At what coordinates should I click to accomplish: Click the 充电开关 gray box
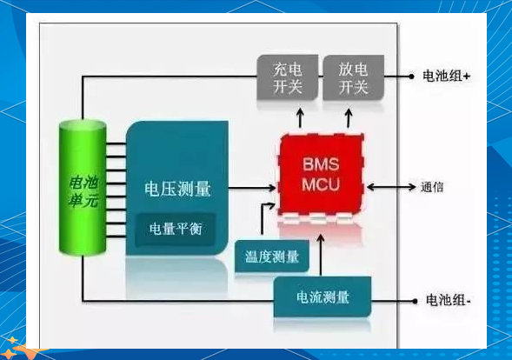pos(288,77)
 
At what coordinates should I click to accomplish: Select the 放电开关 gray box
pos(353,77)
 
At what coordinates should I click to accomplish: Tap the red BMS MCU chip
pos(322,175)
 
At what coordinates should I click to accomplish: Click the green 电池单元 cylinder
pos(83,188)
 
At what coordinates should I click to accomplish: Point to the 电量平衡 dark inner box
pos(176,229)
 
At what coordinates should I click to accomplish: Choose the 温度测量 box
pos(272,257)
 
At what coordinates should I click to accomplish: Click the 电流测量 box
pos(322,297)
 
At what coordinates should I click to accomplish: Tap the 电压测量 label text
pos(177,190)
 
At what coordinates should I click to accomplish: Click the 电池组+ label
pos(446,77)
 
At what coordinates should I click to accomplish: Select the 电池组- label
pos(448,300)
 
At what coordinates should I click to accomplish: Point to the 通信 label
pos(432,187)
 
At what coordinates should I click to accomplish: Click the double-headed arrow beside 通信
pos(391,187)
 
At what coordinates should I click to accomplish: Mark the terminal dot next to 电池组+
pos(411,77)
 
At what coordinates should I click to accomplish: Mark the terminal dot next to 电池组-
pos(415,301)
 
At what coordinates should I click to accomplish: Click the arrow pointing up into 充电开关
pos(300,118)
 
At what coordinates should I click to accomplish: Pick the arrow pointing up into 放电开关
pos(349,118)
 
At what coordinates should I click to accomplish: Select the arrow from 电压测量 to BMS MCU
pos(252,188)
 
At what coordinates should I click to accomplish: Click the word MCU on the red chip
pos(321,184)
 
